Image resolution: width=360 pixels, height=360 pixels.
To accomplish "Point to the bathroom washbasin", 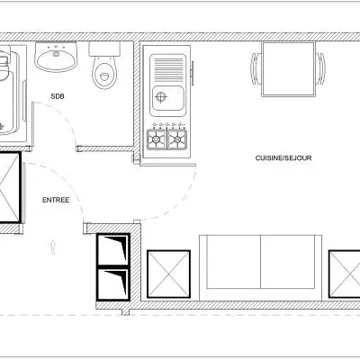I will [x=58, y=60].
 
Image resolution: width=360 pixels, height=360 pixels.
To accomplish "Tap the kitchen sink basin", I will [x=168, y=96].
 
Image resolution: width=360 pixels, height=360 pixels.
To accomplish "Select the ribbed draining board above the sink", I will [x=168, y=67].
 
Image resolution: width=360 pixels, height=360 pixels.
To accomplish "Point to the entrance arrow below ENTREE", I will [x=55, y=244].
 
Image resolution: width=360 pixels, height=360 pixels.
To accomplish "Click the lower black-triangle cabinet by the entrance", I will [x=114, y=282].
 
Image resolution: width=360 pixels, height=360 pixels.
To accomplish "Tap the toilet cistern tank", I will [x=106, y=48].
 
